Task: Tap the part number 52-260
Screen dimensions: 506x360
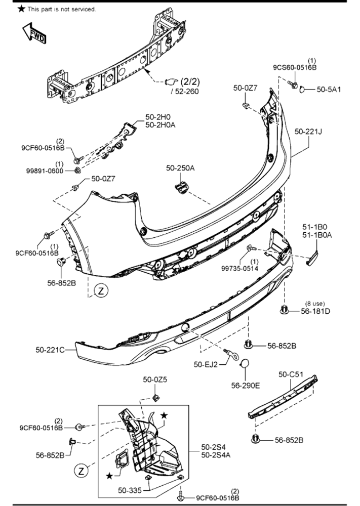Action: (x=186, y=91)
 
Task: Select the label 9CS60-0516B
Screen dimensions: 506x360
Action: (x=295, y=67)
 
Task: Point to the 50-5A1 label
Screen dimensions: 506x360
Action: (x=329, y=89)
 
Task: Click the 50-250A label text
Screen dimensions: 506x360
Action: (x=180, y=168)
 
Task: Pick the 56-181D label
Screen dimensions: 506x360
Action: (x=315, y=311)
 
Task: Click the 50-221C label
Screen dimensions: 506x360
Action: (x=50, y=349)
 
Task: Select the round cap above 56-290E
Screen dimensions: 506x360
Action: (x=245, y=365)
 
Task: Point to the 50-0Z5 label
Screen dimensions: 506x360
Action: (x=155, y=379)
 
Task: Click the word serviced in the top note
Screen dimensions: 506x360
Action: (x=82, y=9)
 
